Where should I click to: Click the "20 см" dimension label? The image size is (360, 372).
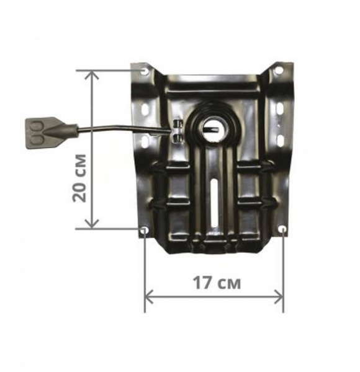tap(79, 178)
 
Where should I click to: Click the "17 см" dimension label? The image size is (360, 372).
tap(217, 283)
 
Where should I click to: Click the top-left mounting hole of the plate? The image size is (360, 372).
tap(145, 71)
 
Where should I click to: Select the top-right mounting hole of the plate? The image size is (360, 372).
tap(279, 70)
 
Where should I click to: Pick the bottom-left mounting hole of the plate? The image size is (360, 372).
tap(144, 229)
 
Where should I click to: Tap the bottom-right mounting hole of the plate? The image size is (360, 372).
tap(282, 229)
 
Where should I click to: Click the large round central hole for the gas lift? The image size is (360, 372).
tap(214, 130)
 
